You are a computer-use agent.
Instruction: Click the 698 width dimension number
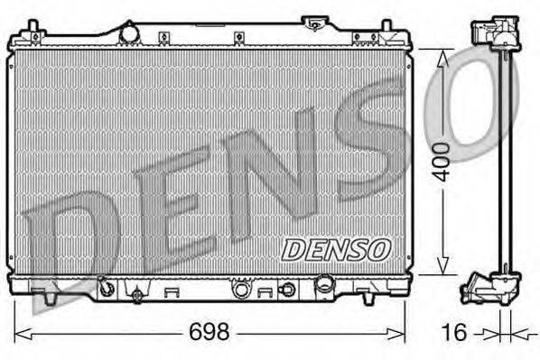tap(209, 332)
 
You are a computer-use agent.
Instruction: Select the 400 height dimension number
tap(442, 162)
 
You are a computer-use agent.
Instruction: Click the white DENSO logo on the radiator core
tap(335, 247)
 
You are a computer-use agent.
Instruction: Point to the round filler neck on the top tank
tap(129, 33)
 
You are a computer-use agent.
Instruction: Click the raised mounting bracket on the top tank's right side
tap(315, 22)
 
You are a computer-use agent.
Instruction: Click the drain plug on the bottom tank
tap(137, 294)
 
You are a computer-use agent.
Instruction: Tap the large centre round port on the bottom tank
tap(241, 290)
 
